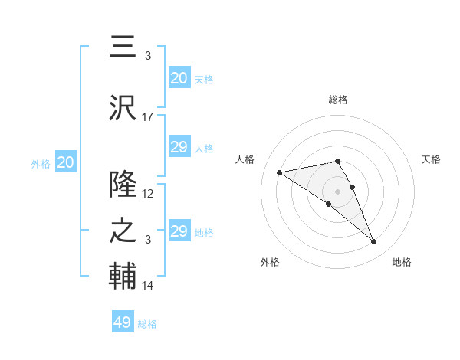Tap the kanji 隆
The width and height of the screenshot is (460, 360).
pyautogui.click(x=123, y=184)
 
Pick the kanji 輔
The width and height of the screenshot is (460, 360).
pyautogui.click(x=123, y=276)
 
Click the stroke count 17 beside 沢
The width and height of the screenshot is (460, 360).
pyautogui.click(x=148, y=117)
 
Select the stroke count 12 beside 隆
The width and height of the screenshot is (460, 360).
pyautogui.click(x=148, y=194)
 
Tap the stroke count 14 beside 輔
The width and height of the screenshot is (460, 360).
pyautogui.click(x=148, y=286)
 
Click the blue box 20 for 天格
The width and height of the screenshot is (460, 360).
pyautogui.click(x=179, y=78)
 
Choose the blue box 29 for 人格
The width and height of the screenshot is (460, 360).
pyautogui.click(x=179, y=147)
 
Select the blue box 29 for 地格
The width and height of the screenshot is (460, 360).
pyautogui.click(x=179, y=231)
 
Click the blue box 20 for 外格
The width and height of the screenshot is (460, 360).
pyautogui.click(x=66, y=162)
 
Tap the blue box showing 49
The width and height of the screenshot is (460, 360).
pyautogui.click(x=123, y=322)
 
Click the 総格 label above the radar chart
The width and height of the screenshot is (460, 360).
pyautogui.click(x=337, y=100)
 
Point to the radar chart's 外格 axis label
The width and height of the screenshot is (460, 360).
pyautogui.click(x=270, y=262)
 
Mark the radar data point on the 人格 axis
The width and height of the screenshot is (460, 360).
pyautogui.click(x=280, y=172)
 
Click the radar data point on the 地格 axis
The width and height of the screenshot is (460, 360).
pyautogui.click(x=373, y=242)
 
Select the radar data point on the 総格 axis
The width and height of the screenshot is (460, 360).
pyautogui.click(x=337, y=161)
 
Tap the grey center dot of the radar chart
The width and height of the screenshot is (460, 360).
pyautogui.click(x=337, y=191)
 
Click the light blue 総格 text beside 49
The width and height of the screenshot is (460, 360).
pyautogui.click(x=147, y=324)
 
